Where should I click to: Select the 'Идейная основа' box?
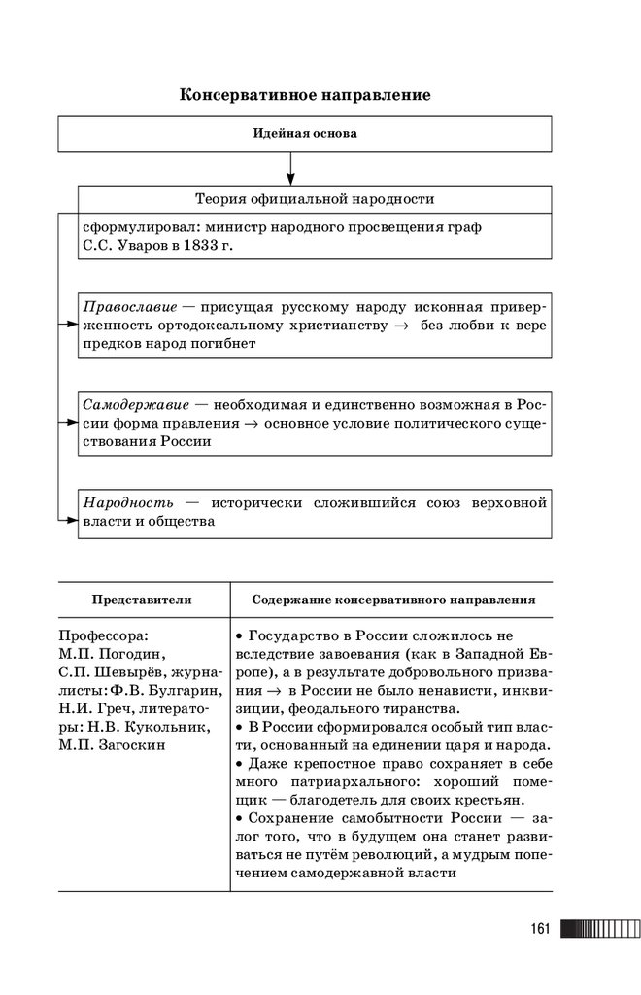pos(305,134)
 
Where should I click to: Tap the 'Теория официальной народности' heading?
pos(315,199)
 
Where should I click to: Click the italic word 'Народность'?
pos(128,502)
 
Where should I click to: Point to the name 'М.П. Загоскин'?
pos(112,745)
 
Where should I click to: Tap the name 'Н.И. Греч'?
pos(95,708)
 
